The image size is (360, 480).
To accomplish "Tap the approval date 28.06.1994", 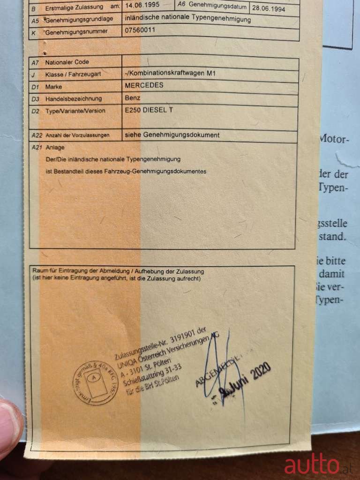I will pyautogui.click(x=269, y=8).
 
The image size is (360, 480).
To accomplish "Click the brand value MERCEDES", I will pyautogui.click(x=144, y=85).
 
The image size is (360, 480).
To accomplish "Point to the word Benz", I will pyautogui.click(x=133, y=98).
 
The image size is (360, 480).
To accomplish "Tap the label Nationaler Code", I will pyautogui.click(x=67, y=62).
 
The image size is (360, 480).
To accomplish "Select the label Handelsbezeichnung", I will pyautogui.click(x=74, y=99).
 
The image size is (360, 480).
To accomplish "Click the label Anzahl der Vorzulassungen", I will pyautogui.click(x=77, y=135).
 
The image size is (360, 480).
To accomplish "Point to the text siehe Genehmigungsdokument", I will pyautogui.click(x=172, y=135).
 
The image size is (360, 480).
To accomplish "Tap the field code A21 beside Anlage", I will pyautogui.click(x=36, y=147).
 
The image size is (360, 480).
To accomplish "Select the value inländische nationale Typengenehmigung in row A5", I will pyautogui.click(x=188, y=20).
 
